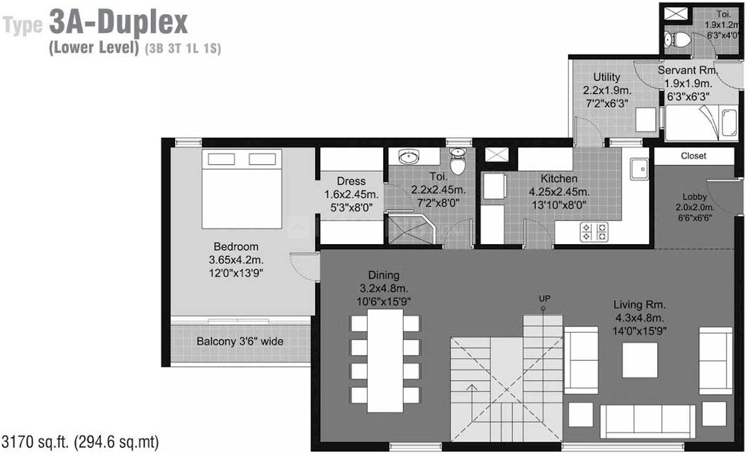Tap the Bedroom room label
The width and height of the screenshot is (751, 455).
coord(236,247)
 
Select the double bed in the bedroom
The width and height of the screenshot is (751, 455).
coord(242,188)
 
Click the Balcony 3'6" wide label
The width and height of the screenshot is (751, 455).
coord(240,342)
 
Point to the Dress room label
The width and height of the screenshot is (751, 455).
coord(351,181)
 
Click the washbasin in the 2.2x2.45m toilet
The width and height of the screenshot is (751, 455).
coord(409,156)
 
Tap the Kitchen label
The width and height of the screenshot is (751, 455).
coord(559,178)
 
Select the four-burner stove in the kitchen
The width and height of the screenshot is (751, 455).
coord(594,232)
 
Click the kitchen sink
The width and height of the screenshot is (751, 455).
coord(639,168)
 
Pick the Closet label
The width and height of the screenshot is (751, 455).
coord(694,156)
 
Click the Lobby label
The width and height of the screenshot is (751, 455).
coord(694,197)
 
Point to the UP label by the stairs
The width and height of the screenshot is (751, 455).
coord(545,299)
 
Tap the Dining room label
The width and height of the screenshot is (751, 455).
coord(383,275)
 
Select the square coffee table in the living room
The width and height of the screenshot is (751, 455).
coord(640,359)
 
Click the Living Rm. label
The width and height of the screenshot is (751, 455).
coord(639,305)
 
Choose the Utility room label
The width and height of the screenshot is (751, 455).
coord(607,77)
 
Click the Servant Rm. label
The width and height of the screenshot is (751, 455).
coord(688,70)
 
